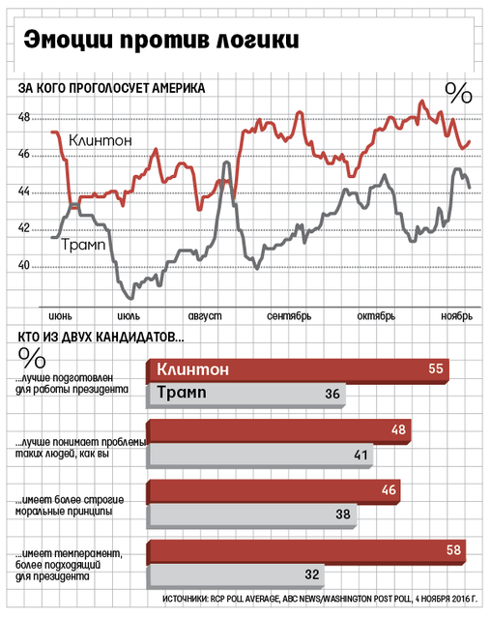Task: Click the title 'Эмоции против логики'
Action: (161, 40)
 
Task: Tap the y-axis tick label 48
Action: (23, 117)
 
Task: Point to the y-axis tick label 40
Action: (23, 265)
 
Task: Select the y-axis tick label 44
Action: (23, 192)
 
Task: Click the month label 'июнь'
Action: (60, 316)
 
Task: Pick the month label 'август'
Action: (205, 316)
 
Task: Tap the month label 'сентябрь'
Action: (289, 316)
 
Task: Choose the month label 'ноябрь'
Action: (457, 316)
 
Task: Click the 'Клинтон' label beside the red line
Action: (101, 140)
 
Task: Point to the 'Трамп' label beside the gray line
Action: (84, 245)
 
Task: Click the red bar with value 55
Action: (298, 371)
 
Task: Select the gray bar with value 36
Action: (245, 396)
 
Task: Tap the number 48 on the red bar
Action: (398, 429)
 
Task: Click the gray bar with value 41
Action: (259, 456)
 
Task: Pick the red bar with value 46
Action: (273, 492)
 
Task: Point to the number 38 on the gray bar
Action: (343, 514)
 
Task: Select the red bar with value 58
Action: (305, 552)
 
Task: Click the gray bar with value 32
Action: (235, 576)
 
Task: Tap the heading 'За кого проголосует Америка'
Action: (112, 88)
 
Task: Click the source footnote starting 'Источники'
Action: (320, 599)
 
